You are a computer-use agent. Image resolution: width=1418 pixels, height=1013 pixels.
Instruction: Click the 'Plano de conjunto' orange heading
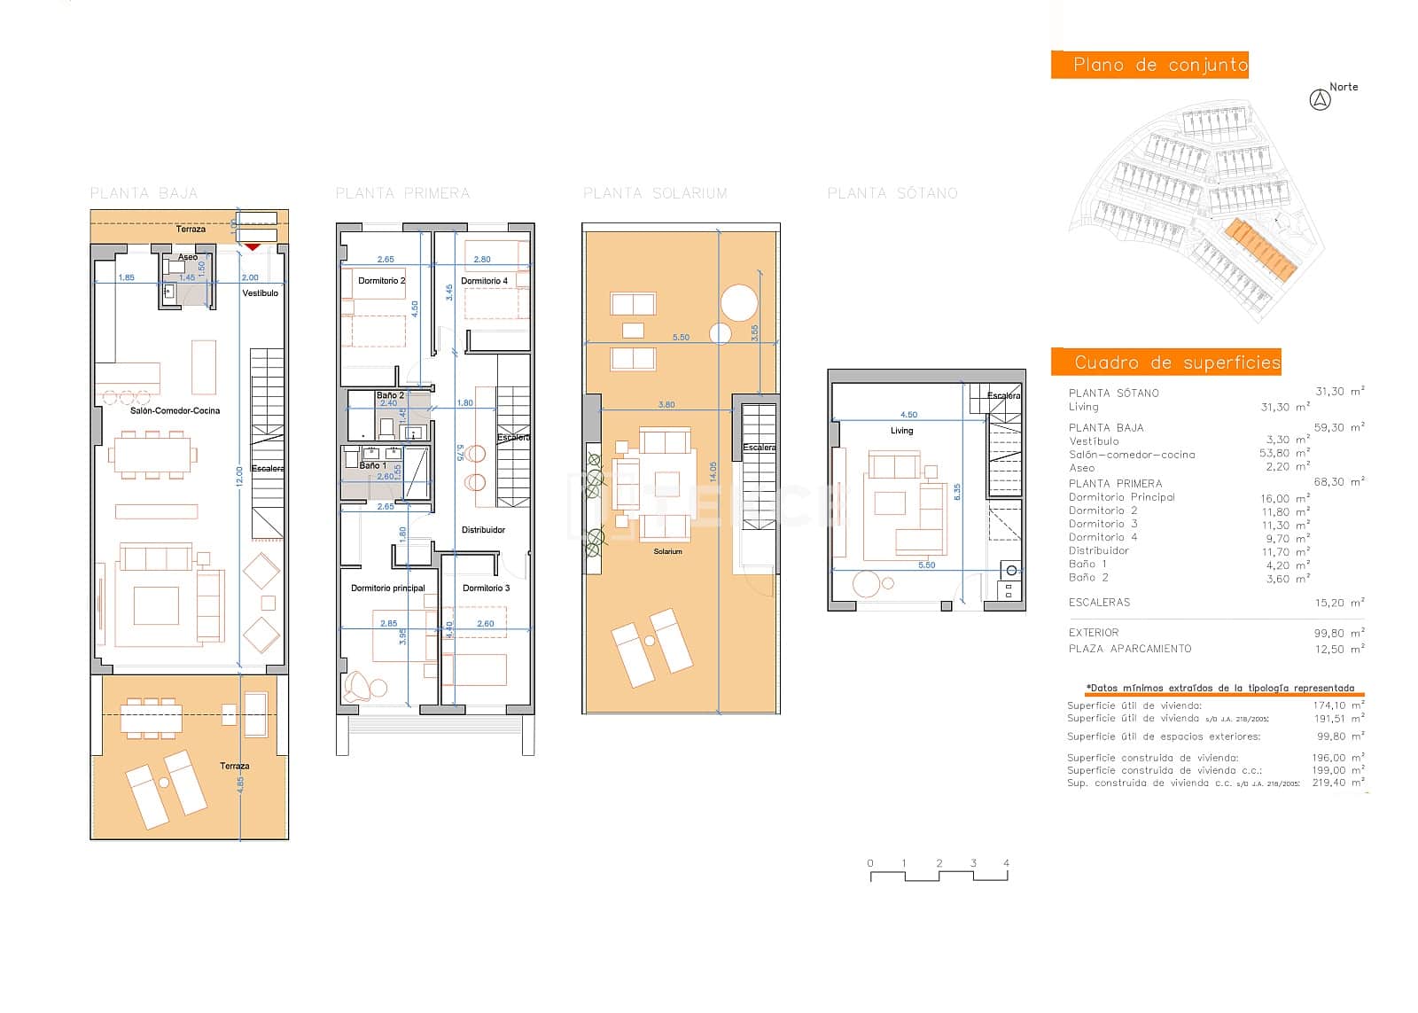tap(1149, 65)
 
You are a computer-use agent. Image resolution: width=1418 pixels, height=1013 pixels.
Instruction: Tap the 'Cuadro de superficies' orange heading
tap(1165, 362)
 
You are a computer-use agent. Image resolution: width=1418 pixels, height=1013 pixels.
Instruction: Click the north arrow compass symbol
tap(1320, 100)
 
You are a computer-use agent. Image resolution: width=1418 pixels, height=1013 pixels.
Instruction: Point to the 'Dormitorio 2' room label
tap(381, 281)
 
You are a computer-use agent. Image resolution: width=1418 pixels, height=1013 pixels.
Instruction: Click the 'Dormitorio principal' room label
tap(387, 588)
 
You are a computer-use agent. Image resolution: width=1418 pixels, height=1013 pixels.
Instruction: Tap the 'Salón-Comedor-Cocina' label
tap(175, 410)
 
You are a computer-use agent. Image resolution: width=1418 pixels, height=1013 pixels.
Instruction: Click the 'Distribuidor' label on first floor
tap(483, 530)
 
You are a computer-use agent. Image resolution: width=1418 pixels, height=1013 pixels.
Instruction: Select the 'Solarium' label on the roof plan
tap(667, 551)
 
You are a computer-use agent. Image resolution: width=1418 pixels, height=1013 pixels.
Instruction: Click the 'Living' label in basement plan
tap(901, 431)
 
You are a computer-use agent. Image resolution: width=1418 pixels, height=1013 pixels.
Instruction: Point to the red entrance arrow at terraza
tap(253, 245)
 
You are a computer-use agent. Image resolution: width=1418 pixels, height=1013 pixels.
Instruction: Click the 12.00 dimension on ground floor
tap(238, 477)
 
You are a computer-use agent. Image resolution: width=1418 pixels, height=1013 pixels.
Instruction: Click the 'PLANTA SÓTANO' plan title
tap(892, 193)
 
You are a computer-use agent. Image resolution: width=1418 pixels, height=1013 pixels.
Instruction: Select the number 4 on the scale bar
tap(1006, 862)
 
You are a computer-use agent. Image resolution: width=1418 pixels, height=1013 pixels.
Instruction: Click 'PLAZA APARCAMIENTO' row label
tap(1129, 649)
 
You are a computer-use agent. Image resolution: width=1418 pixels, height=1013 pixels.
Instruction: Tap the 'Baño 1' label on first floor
tap(372, 465)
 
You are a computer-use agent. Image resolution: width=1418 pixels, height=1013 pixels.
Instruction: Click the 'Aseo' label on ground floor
tap(188, 257)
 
